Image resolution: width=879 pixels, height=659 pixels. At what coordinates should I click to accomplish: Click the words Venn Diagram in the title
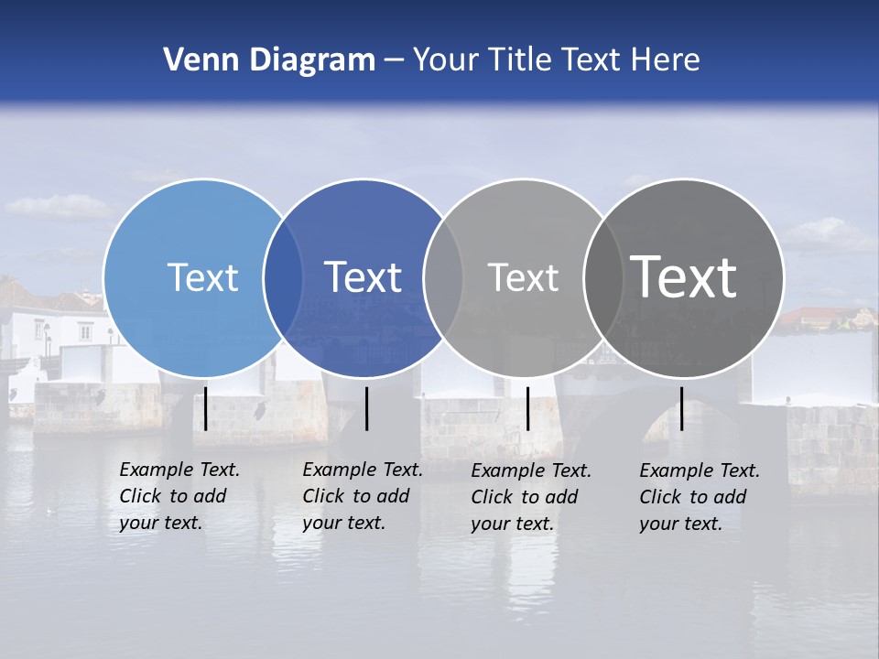tap(269, 60)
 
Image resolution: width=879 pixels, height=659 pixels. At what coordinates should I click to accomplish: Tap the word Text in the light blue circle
tap(202, 277)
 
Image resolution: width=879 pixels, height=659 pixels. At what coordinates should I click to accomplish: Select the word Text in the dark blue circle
tap(364, 277)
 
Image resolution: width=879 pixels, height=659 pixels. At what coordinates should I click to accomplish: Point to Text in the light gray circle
tap(523, 277)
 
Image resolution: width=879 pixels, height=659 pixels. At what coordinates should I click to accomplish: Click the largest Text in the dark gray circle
tap(684, 277)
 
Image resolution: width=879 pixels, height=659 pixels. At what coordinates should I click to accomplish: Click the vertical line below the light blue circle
tap(205, 408)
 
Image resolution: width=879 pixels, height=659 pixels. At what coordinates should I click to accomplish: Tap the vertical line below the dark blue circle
tap(366, 408)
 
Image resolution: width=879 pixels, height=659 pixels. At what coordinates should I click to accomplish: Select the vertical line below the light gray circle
tap(527, 408)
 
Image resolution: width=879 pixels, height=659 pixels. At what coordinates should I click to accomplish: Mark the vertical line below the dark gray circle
tap(681, 408)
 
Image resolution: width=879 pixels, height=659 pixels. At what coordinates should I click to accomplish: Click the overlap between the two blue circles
tap(284, 277)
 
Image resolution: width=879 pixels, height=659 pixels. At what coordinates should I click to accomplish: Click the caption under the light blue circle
tap(179, 496)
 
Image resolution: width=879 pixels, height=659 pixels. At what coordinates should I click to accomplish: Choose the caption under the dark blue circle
tap(362, 496)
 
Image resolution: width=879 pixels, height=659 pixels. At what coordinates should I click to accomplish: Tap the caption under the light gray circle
tap(530, 497)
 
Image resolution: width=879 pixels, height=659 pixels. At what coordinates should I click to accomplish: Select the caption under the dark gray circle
tap(699, 497)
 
